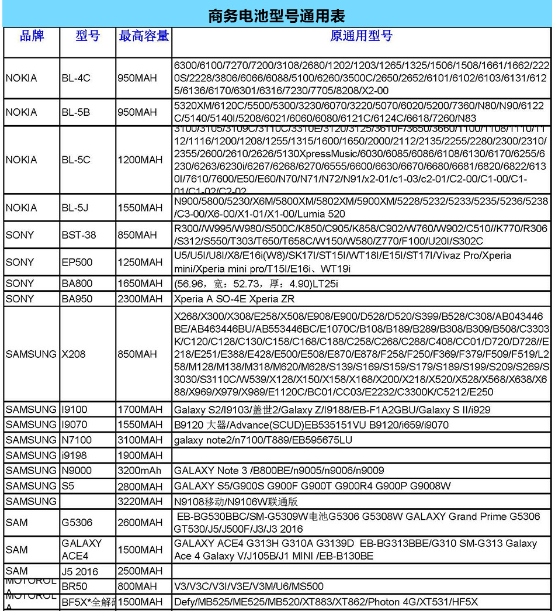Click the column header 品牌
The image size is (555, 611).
32,36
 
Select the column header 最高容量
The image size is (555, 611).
144,36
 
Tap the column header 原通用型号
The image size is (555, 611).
361,36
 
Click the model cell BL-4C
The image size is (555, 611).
76,78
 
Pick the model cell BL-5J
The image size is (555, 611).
76,208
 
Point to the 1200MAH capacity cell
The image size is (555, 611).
140,160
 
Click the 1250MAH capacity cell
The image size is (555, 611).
140,263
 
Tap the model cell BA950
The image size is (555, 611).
77,299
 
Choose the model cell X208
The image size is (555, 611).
73,354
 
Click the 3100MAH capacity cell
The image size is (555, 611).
140,440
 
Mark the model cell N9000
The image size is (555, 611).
76,470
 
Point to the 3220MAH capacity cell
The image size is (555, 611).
140,501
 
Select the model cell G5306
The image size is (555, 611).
77,523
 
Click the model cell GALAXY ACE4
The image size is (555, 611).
82,550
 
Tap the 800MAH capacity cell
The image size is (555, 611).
137,586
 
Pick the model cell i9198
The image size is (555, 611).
74,455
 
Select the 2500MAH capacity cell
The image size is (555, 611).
140,571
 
